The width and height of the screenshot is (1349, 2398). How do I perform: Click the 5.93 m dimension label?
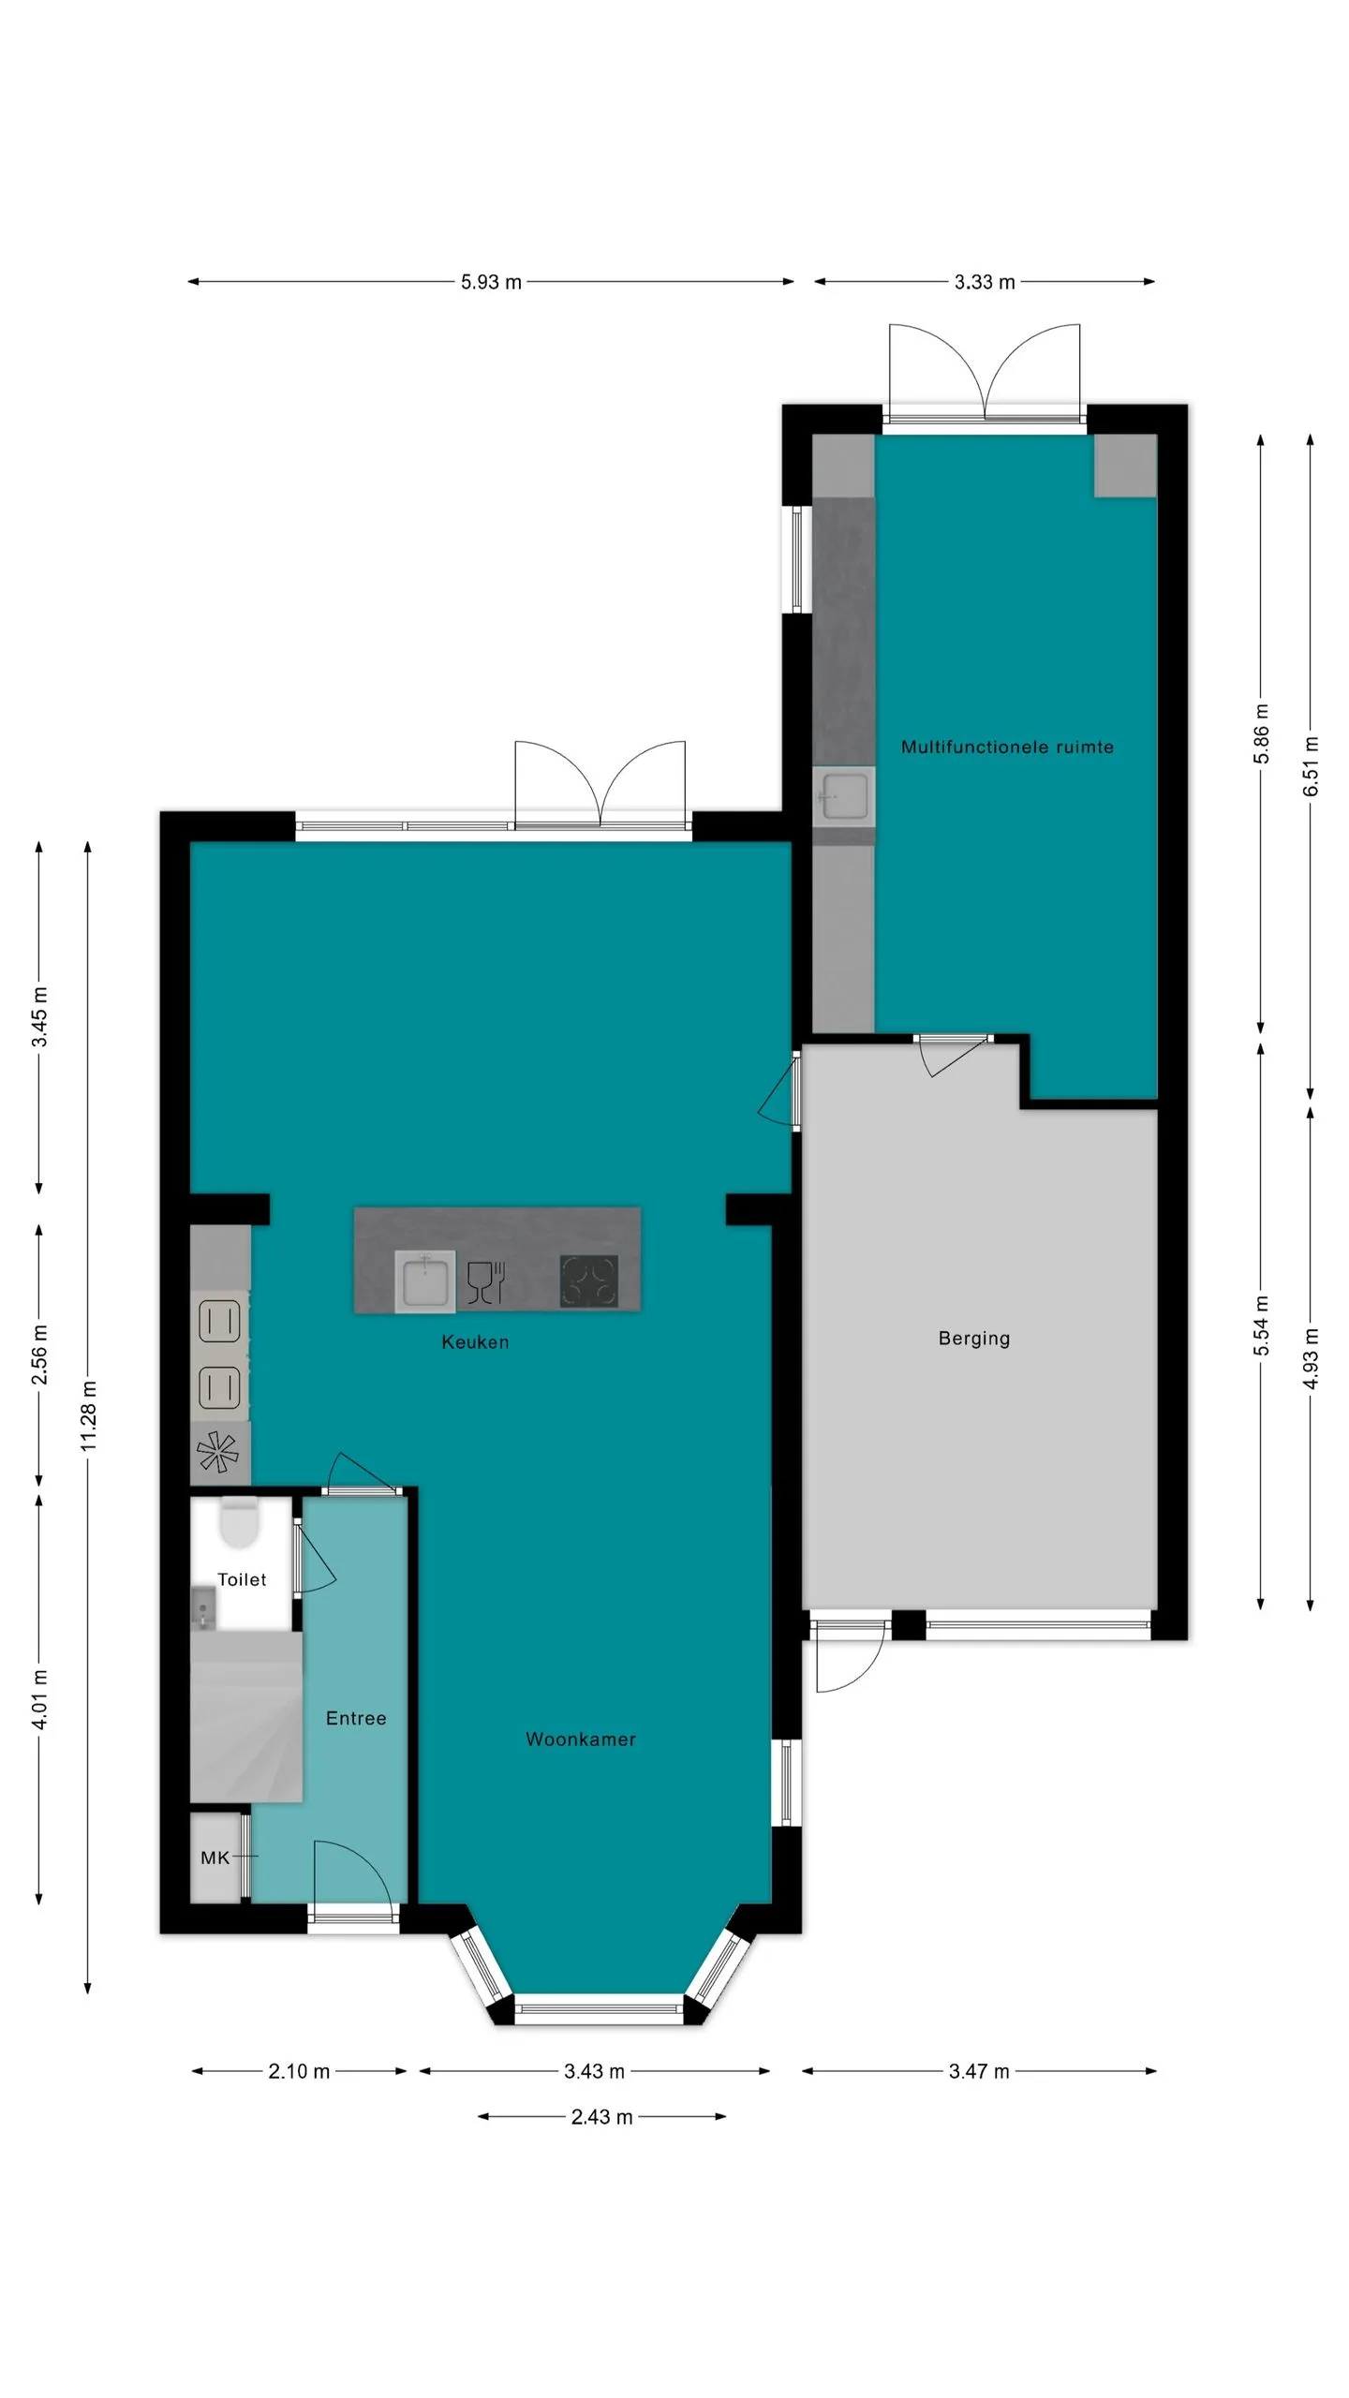(491, 282)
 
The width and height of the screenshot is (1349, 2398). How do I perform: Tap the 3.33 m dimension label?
(985, 282)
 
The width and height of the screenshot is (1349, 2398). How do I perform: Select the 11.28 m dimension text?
(88, 1415)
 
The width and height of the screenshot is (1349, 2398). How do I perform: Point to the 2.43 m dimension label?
(601, 2117)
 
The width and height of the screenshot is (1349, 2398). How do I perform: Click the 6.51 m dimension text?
(1312, 766)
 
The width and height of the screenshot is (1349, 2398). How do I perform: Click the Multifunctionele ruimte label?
(1007, 747)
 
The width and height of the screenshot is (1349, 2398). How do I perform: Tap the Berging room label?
(974, 1339)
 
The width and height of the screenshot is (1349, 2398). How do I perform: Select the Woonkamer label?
(581, 1739)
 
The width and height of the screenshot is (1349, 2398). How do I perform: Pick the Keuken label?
(475, 1342)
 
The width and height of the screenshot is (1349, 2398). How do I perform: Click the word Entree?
(356, 1718)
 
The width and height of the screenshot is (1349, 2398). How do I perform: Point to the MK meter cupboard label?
(215, 1858)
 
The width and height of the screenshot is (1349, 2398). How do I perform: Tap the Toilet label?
(242, 1579)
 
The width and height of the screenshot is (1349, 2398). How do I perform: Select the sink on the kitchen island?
(425, 1280)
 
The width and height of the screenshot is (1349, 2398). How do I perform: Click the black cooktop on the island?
(589, 1280)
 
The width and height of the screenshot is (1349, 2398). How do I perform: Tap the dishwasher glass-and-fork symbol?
(486, 1282)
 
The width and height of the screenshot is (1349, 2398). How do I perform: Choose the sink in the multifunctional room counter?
(843, 797)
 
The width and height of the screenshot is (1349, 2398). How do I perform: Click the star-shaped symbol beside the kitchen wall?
(218, 1453)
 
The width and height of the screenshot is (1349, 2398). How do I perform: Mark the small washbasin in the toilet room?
(203, 1609)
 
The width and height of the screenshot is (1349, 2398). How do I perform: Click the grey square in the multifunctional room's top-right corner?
(1126, 466)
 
